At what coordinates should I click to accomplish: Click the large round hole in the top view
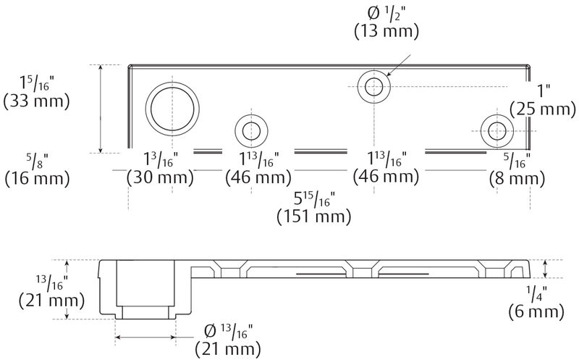pos(172,109)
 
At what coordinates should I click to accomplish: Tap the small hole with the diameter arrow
pos(374,88)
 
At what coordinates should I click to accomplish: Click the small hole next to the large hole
pos(252,131)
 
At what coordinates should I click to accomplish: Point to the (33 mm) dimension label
pos(36,101)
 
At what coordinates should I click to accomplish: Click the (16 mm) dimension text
pos(36,177)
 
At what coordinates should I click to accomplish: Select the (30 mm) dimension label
pos(160,177)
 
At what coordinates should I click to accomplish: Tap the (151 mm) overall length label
pos(314,215)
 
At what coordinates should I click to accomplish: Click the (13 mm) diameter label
pos(386,31)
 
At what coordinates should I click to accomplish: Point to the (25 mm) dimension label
pos(541,109)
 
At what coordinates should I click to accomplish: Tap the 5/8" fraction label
pos(33,159)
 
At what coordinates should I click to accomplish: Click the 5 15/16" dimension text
pos(314,198)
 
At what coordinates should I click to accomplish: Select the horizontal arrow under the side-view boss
pos(145,337)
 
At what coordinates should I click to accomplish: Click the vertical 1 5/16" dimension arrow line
pos(100,109)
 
